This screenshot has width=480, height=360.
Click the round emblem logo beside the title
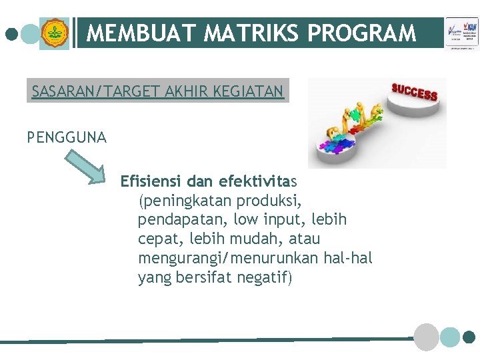(x=54, y=33)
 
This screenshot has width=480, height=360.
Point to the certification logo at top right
(x=461, y=33)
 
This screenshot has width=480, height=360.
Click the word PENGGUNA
(x=67, y=137)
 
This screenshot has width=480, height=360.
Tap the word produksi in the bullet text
(x=273, y=200)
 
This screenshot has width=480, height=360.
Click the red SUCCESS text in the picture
(x=414, y=92)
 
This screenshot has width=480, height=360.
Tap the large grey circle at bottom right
(x=427, y=337)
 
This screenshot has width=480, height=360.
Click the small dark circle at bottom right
(x=469, y=337)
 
